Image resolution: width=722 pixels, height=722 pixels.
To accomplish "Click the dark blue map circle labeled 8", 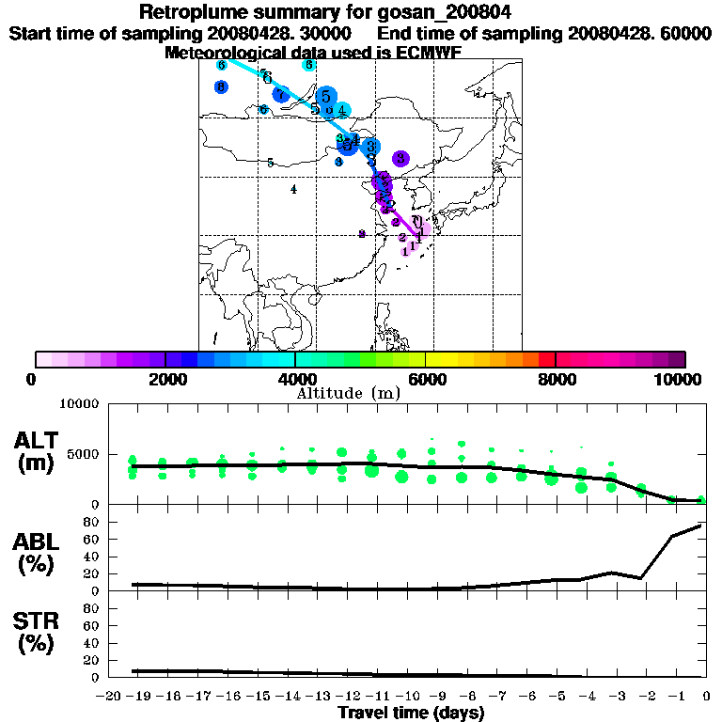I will (221, 87).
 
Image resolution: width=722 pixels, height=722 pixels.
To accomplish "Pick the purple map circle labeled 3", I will (401, 158).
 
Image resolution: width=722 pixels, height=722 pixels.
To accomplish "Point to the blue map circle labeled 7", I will (280, 94).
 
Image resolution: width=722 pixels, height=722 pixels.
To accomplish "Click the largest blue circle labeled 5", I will (326, 96).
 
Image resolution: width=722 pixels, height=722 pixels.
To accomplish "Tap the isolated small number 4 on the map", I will (293, 189).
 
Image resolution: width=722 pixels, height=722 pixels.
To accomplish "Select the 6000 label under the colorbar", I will (425, 379).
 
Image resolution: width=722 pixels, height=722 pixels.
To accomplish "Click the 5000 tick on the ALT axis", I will (83, 454).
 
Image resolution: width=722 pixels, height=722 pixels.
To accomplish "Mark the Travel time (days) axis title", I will (411, 714).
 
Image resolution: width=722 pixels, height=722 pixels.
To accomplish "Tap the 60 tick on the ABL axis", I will (92, 539).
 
